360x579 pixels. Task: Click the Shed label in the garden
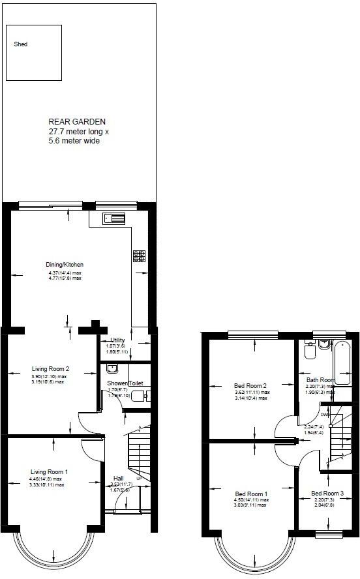tap(22, 45)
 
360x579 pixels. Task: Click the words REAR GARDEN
tap(77, 121)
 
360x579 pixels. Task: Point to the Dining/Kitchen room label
tap(65, 264)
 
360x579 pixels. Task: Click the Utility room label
tap(117, 340)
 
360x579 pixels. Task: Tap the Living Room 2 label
tap(50, 368)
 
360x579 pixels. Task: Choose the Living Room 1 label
tap(49, 471)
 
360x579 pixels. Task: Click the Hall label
tap(117, 477)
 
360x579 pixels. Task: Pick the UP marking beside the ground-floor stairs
tap(139, 481)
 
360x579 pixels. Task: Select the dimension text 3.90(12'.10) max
tap(49, 376)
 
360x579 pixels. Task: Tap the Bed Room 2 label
tap(251, 386)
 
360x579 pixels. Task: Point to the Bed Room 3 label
tap(326, 493)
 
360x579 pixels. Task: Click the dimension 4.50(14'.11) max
tap(251, 500)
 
